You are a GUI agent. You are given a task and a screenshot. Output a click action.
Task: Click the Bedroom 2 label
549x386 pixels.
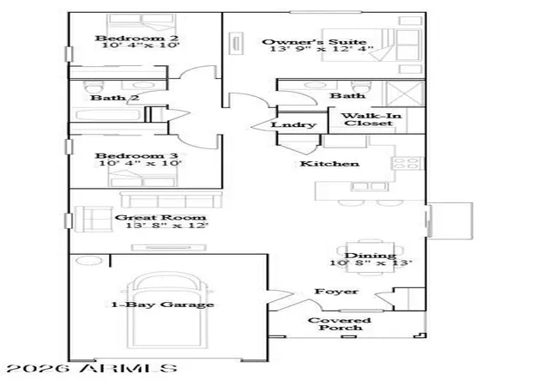point(137,38)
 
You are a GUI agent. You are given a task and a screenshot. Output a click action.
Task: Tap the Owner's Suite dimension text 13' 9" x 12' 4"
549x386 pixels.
point(322,49)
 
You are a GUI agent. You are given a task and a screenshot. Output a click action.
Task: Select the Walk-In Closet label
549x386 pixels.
point(371,119)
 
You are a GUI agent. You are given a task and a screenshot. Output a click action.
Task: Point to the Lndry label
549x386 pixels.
point(293,124)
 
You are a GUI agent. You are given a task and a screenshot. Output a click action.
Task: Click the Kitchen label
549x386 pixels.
point(329,164)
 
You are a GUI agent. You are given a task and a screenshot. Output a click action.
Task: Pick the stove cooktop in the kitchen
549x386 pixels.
point(407,164)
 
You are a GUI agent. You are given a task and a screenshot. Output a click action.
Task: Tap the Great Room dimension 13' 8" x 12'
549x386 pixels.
point(166,226)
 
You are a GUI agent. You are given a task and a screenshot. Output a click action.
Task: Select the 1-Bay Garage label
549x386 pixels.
point(162,305)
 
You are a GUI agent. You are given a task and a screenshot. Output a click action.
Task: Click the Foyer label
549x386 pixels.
point(336,292)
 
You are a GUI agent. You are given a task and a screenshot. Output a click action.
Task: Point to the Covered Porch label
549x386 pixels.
point(340,324)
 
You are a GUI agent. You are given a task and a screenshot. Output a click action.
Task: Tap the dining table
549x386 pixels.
point(371,257)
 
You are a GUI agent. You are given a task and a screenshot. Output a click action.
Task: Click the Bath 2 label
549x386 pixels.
point(114,98)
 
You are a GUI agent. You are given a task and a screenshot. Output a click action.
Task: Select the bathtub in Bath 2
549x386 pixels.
point(108,116)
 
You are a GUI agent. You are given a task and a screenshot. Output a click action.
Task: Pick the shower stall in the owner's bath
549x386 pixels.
point(405,93)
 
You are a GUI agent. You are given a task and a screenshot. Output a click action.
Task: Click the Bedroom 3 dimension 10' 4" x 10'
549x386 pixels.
point(141,163)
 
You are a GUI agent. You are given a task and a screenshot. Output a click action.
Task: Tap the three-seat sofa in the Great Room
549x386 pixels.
point(172,199)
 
